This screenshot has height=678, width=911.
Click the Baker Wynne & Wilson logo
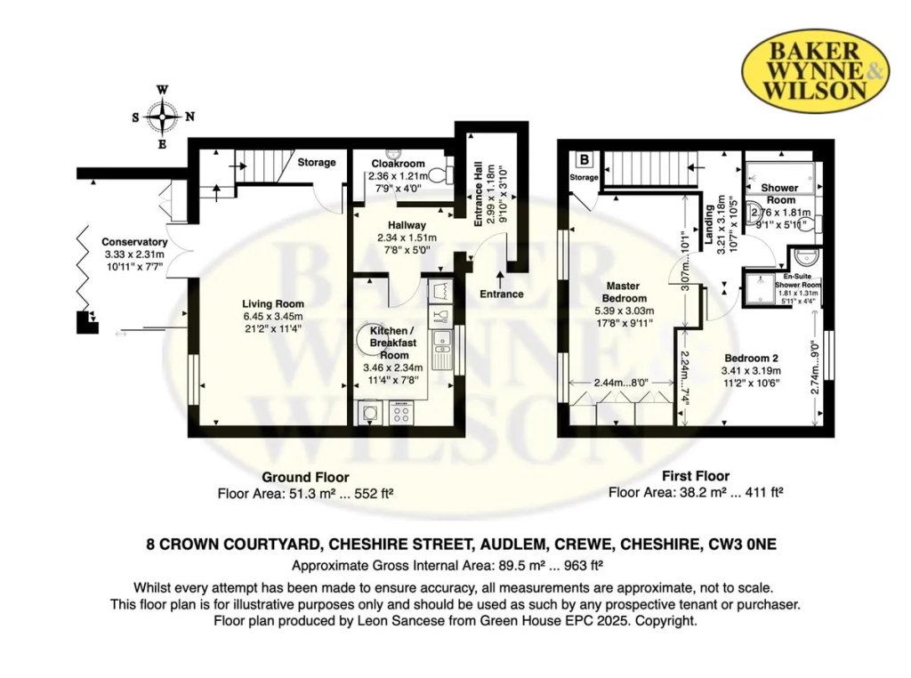(x=815, y=71)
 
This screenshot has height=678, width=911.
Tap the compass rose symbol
(x=163, y=117)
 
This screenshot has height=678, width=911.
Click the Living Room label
(x=273, y=303)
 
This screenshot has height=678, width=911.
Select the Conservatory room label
(x=134, y=242)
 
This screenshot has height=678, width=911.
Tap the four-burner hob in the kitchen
(x=401, y=413)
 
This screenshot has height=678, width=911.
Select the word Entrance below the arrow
(x=502, y=294)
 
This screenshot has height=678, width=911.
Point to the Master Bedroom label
(x=623, y=292)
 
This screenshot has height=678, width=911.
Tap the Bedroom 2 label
(x=751, y=358)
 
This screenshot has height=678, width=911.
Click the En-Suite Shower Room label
(x=798, y=280)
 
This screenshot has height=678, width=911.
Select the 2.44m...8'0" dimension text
(x=621, y=383)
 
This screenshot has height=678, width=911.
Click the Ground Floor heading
(x=305, y=478)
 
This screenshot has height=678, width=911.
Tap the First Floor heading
(x=696, y=476)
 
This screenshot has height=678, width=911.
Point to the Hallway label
(x=407, y=225)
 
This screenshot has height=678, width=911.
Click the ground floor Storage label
(x=317, y=163)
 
